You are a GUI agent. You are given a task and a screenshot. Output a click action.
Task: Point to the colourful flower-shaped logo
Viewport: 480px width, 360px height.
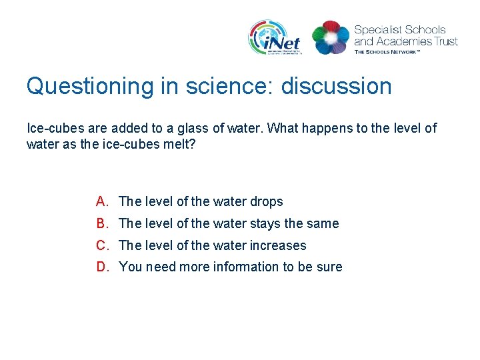(331, 37)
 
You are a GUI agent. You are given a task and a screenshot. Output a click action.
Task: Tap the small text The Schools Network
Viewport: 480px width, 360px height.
(387, 51)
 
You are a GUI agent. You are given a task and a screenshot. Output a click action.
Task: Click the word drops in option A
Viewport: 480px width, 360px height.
(266, 201)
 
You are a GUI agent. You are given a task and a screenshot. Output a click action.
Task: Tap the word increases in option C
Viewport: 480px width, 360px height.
(278, 245)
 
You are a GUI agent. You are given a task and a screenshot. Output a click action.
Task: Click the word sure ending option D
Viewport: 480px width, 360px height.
(329, 267)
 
